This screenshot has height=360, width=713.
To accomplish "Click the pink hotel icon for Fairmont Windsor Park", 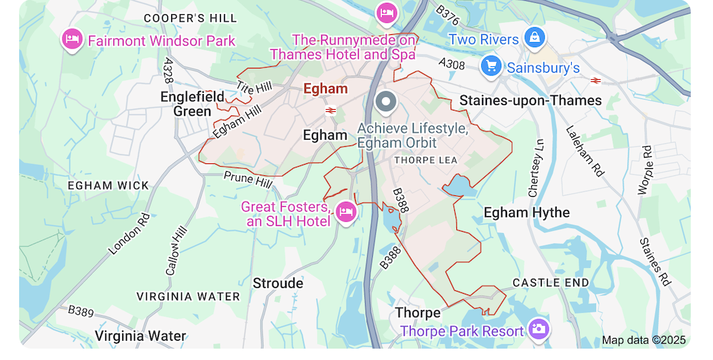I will pyautogui.click(x=72, y=39).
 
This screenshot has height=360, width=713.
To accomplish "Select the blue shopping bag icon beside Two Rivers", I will pyautogui.click(x=534, y=38).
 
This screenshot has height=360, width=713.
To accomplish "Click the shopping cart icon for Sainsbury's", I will pyautogui.click(x=491, y=66).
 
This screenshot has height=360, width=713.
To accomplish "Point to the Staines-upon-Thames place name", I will pyautogui.click(x=530, y=101).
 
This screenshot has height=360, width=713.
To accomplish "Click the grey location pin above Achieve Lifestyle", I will pyautogui.click(x=386, y=103).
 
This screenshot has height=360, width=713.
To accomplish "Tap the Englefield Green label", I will pyautogui.click(x=193, y=104).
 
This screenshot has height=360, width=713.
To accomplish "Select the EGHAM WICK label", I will pyautogui.click(x=108, y=185).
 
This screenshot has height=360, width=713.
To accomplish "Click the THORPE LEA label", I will pyautogui.click(x=426, y=160).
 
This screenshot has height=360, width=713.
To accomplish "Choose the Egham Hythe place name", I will pyautogui.click(x=526, y=212).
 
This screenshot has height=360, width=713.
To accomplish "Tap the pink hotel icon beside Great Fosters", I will pyautogui.click(x=346, y=212).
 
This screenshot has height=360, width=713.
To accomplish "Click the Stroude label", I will pyautogui.click(x=278, y=283).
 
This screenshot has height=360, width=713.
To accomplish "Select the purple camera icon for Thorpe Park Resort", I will pyautogui.click(x=539, y=329).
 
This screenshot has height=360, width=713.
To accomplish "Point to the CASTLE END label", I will pyautogui.click(x=551, y=283).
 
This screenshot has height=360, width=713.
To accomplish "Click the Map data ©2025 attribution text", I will pyautogui.click(x=643, y=340).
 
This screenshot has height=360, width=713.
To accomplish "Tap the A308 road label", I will pyautogui.click(x=451, y=64).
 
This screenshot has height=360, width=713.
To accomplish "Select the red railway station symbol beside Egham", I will pyautogui.click(x=331, y=110).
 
